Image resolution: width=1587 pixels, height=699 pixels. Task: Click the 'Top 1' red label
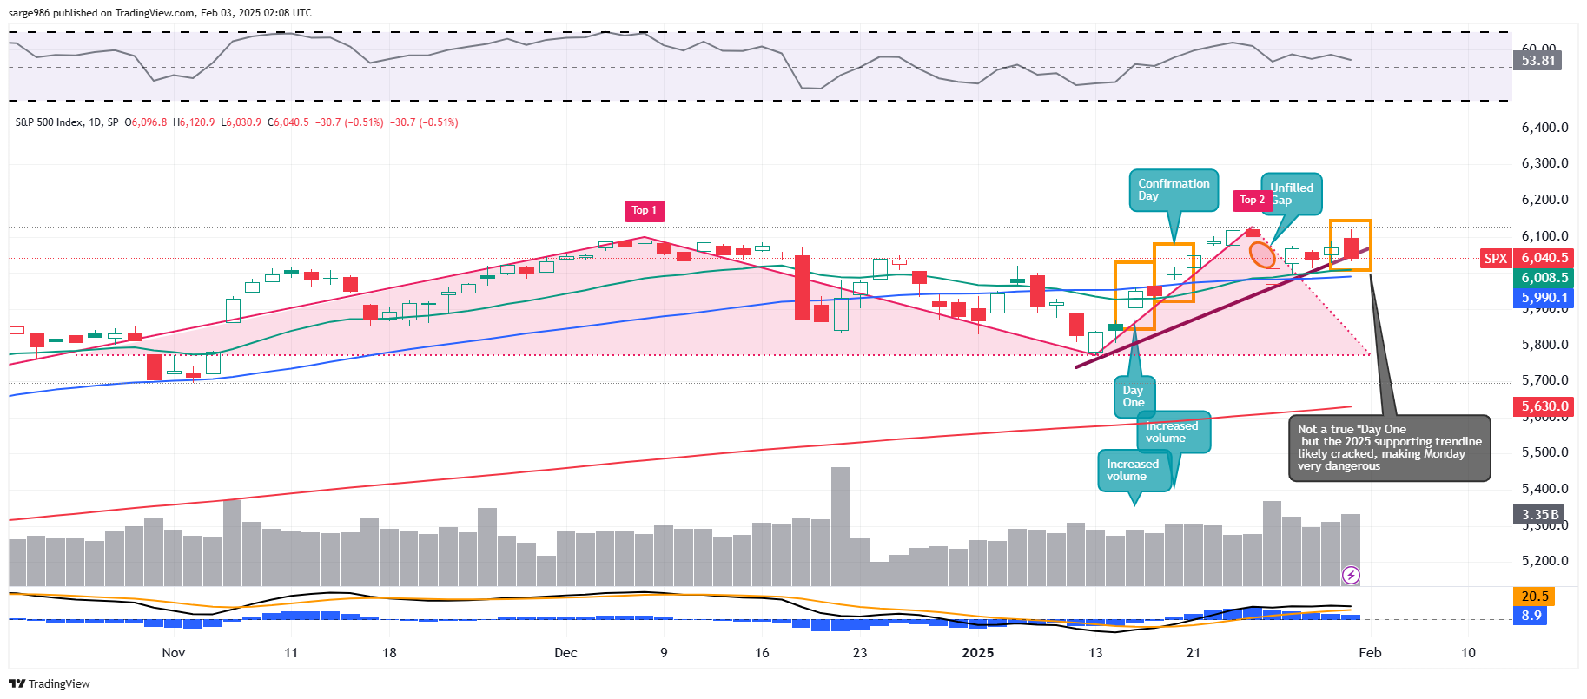click(x=645, y=210)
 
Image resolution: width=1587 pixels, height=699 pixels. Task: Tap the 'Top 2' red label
click(x=1252, y=201)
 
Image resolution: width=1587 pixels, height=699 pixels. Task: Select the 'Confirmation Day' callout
click(x=1174, y=190)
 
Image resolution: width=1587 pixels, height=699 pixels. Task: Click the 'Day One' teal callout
click(x=1134, y=397)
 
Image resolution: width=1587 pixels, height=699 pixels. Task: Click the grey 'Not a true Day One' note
click(x=1388, y=448)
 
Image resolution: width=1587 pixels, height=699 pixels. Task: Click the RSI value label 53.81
click(x=1537, y=61)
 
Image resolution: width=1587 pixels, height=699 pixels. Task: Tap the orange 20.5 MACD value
click(x=1535, y=597)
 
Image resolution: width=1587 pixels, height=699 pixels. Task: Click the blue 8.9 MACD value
click(x=1531, y=616)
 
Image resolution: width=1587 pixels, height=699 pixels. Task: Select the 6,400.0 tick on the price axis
click(x=1544, y=128)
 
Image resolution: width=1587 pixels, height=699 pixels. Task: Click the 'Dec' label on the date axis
click(x=565, y=653)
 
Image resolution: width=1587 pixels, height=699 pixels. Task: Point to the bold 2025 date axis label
click(x=977, y=653)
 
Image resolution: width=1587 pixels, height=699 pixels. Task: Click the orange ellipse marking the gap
click(x=1262, y=254)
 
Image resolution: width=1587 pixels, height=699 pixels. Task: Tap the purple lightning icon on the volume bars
click(x=1351, y=575)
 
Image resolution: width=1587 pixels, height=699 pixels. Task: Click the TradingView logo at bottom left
click(x=50, y=684)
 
